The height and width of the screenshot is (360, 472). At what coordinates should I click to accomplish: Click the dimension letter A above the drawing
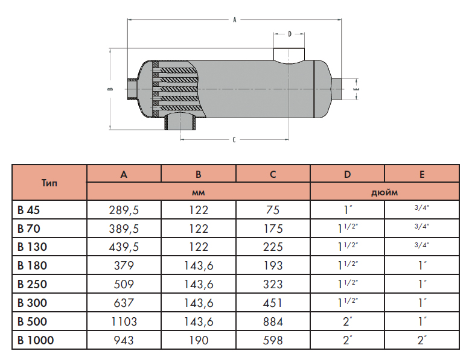pyautogui.click(x=234, y=19)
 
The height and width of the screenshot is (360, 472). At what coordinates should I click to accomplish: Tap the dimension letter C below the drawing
pyautogui.click(x=234, y=139)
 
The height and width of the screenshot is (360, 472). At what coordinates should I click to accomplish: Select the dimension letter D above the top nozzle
pyautogui.click(x=290, y=34)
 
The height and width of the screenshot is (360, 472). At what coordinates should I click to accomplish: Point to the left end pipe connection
pyautogui.click(x=132, y=89)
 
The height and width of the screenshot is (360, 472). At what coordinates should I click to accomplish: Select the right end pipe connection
pyautogui.click(x=337, y=89)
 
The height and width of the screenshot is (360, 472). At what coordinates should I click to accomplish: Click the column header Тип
pyautogui.click(x=49, y=183)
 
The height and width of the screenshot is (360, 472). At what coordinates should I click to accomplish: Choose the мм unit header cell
pyautogui.click(x=198, y=192)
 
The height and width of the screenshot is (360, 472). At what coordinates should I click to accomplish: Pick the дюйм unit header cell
pyautogui.click(x=384, y=192)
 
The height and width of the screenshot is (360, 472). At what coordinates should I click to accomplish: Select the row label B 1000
pyautogui.click(x=36, y=341)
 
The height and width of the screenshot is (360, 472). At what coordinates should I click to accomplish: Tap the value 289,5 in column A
pyautogui.click(x=124, y=210)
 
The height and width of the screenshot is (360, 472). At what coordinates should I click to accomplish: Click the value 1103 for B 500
pyautogui.click(x=124, y=322)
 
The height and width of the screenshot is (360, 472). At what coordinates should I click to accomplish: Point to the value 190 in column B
pyautogui.click(x=198, y=341)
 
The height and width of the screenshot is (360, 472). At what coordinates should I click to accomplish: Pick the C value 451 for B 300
pyautogui.click(x=273, y=303)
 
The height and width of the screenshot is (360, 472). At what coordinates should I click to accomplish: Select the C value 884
pyautogui.click(x=273, y=322)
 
